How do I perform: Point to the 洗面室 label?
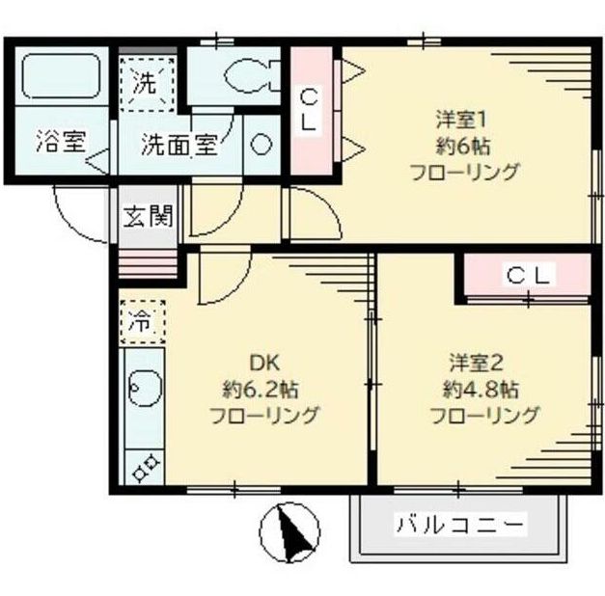[x=179, y=146]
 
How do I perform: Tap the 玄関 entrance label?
[x=147, y=214]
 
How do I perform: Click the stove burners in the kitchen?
[x=145, y=468]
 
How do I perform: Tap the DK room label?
[x=263, y=364]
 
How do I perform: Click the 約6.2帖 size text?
[x=261, y=390]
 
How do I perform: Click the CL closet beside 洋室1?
[x=311, y=110]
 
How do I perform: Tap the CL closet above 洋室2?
[x=529, y=276]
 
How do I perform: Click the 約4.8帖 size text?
[x=482, y=390]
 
